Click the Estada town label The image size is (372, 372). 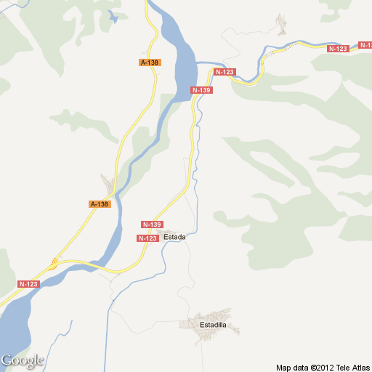(x=174, y=238)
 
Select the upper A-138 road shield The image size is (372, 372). (x=150, y=62)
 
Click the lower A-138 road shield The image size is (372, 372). (x=100, y=204)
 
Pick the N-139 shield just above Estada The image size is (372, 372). (x=153, y=225)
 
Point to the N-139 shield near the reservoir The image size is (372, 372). (x=201, y=89)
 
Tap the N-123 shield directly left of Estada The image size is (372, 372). (x=147, y=238)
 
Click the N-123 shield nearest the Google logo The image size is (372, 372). (x=28, y=283)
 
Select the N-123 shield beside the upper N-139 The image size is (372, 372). (x=225, y=72)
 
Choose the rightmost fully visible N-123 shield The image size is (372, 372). (x=338, y=49)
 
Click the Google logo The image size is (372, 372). (x=23, y=360)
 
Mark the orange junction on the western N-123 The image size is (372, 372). (x=54, y=264)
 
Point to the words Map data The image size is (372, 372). (x=291, y=367)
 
